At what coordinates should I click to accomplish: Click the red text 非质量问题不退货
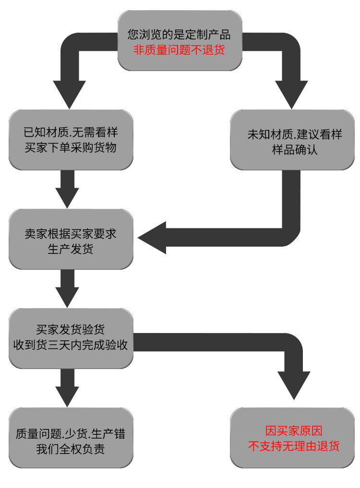pyautogui.click(x=179, y=49)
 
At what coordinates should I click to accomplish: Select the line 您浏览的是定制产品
pyautogui.click(x=179, y=35)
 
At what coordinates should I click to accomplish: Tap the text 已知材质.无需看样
pyautogui.click(x=70, y=133)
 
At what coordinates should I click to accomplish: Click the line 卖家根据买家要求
pyautogui.click(x=70, y=235)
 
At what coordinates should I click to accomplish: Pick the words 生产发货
pyautogui.click(x=70, y=250)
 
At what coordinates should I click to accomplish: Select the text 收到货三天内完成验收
pyautogui.click(x=70, y=345)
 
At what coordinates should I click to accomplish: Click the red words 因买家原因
pyautogui.click(x=293, y=430)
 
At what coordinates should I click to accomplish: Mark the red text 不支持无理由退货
pyautogui.click(x=293, y=445)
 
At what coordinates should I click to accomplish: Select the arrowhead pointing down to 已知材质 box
pyautogui.click(x=70, y=94)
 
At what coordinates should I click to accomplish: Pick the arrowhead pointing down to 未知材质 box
pyautogui.click(x=291, y=94)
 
